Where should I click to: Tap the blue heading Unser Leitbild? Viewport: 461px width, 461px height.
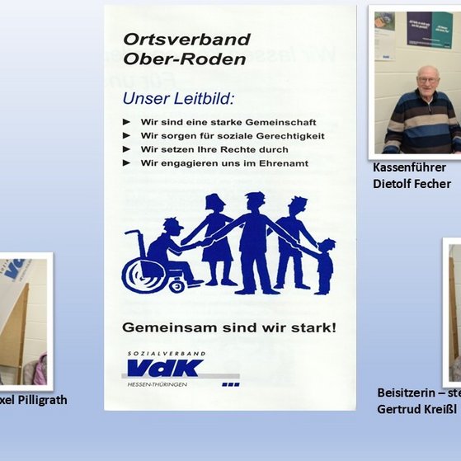178,99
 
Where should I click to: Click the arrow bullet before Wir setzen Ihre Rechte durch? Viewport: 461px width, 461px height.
126,149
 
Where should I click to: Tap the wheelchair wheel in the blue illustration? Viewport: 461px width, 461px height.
144,273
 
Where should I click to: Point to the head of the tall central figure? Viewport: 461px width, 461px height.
255,201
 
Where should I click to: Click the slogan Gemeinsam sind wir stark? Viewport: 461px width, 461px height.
228,327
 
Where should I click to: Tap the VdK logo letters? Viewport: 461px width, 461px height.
165,368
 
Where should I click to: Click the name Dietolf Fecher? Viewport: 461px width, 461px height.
412,183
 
